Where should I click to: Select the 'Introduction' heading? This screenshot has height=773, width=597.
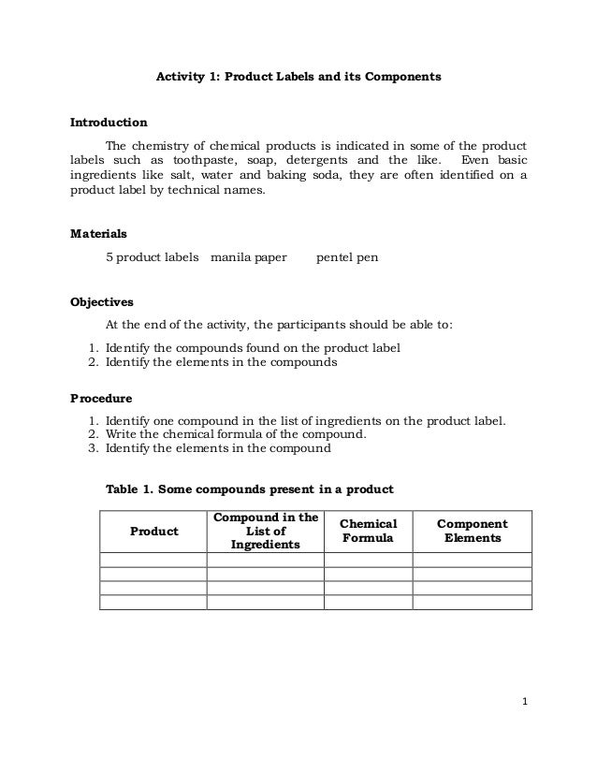point(109,123)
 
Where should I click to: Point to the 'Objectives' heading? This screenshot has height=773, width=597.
point(102,302)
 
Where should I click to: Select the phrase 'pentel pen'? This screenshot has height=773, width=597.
point(347,255)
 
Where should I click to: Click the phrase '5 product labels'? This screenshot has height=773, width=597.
point(153,255)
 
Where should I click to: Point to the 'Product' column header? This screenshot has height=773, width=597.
point(153,532)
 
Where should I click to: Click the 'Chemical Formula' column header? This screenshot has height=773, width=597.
point(368,532)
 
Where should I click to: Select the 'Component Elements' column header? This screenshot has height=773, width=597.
point(473,532)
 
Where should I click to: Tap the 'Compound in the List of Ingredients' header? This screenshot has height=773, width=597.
point(265,532)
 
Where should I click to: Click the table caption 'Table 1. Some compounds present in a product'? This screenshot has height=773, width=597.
point(249,489)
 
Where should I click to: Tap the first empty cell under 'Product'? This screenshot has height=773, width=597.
point(153,560)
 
